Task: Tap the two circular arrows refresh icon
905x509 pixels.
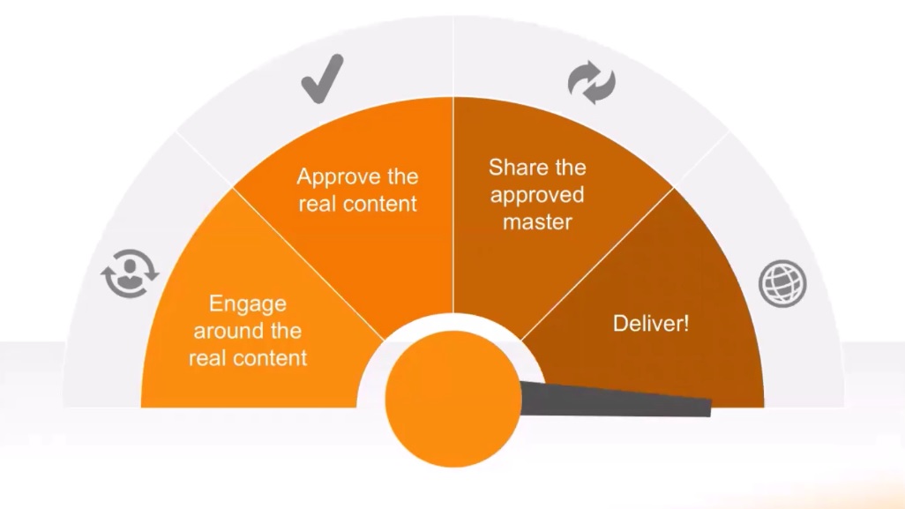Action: click(590, 83)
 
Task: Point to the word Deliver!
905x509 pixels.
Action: click(651, 324)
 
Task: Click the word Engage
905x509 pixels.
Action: click(248, 304)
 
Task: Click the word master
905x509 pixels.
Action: click(537, 221)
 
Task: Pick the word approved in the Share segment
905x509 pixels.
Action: click(537, 195)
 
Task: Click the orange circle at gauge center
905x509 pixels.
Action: click(453, 400)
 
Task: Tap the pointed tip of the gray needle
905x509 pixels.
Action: click(708, 408)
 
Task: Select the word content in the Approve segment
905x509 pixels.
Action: click(379, 204)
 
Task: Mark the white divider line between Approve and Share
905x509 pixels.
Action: click(453, 203)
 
